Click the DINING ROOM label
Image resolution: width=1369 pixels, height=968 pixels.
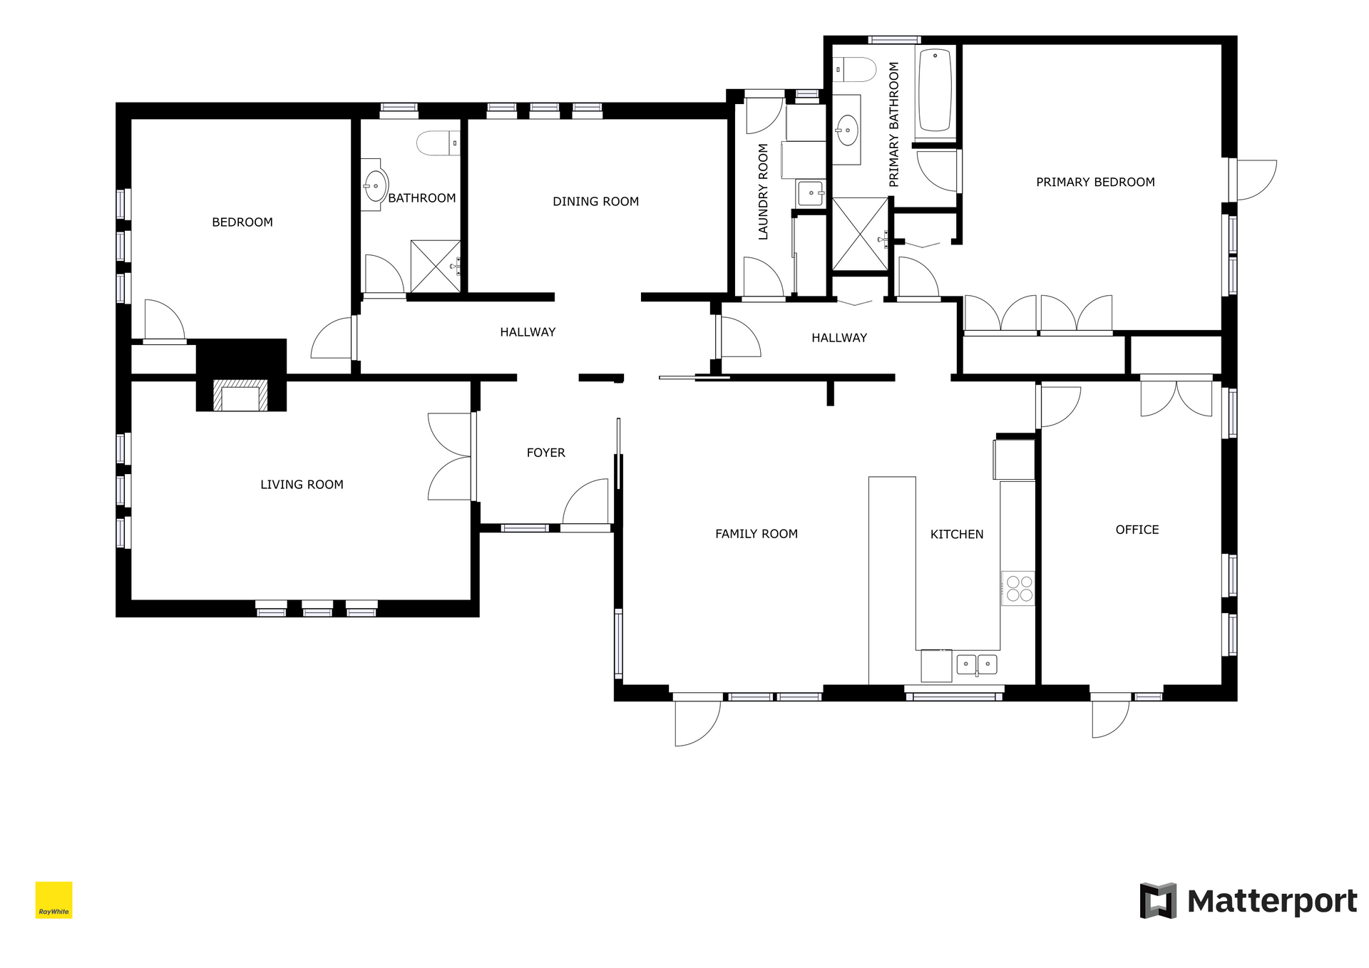pyautogui.click(x=595, y=202)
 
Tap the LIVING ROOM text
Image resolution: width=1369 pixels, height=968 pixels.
pyautogui.click(x=302, y=485)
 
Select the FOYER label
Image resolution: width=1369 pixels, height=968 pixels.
pyautogui.click(x=545, y=453)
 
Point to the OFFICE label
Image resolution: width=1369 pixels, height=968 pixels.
pyautogui.click(x=1137, y=530)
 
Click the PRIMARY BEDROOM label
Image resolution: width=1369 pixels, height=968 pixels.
pyautogui.click(x=1095, y=182)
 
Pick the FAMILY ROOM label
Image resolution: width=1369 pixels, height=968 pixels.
pyautogui.click(x=757, y=534)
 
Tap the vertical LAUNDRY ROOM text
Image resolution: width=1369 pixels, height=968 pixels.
pyautogui.click(x=763, y=191)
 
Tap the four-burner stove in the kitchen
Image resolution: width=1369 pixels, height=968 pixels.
pyautogui.click(x=1018, y=588)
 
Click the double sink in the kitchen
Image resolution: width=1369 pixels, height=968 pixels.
pyautogui.click(x=976, y=664)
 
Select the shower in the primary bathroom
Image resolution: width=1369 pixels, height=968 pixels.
pyautogui.click(x=861, y=235)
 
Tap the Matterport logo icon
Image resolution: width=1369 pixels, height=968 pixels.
pyautogui.click(x=1158, y=900)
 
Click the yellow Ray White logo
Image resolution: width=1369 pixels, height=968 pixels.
pyautogui.click(x=54, y=900)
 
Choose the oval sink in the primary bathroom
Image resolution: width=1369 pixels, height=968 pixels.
pyautogui.click(x=847, y=130)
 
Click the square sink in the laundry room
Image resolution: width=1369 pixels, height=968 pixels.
pyautogui.click(x=811, y=192)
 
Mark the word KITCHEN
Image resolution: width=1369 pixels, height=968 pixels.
pyautogui.click(x=957, y=535)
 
